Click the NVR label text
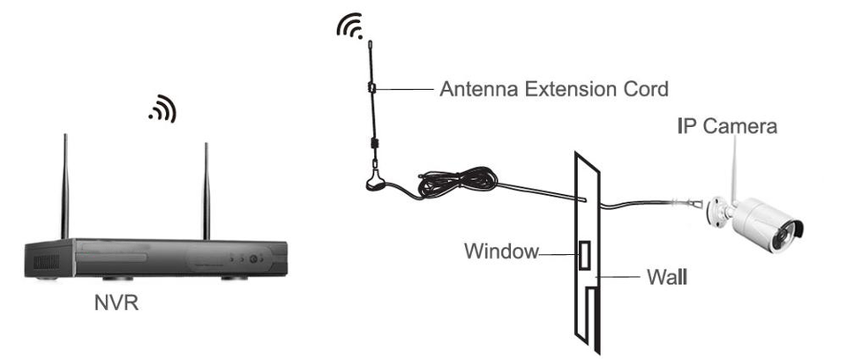click(x=116, y=304)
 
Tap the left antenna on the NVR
click(x=64, y=185)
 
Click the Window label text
click(x=501, y=251)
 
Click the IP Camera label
click(x=727, y=126)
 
